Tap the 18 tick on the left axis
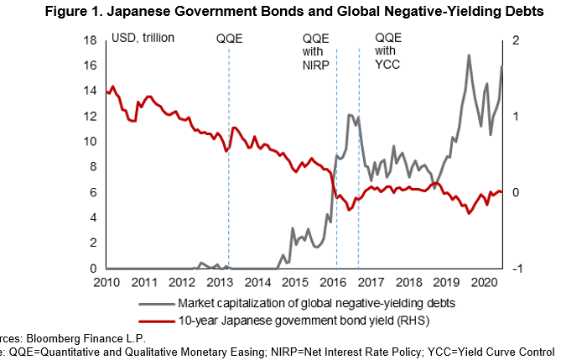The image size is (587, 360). coord(97,40)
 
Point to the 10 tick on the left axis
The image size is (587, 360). coord(97,142)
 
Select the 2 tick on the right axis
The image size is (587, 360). coord(513,40)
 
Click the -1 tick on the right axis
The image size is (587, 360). coord(515,269)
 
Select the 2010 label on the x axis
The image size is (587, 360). coord(107,283)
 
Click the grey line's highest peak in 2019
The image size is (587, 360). coord(468,55)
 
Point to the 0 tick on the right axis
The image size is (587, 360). coord(513,192)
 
